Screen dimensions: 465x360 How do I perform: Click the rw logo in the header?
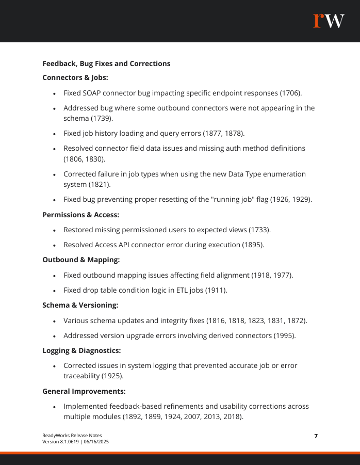tap(329, 21)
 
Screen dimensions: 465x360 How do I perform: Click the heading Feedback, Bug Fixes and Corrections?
tap(106, 64)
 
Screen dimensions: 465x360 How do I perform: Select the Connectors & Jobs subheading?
tap(75, 77)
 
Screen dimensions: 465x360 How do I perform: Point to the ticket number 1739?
tap(102, 118)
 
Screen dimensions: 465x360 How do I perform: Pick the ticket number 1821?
tap(102, 184)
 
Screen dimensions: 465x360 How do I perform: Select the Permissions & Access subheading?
tap(81, 215)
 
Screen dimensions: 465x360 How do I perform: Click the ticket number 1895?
tap(253, 245)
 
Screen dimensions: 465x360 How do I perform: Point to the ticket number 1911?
tap(216, 290)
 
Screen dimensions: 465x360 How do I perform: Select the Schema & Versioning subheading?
tap(80, 306)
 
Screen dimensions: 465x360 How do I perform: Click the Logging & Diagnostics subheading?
tap(81, 351)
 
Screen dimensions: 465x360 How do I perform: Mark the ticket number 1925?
tap(112, 376)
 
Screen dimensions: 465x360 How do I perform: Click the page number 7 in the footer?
tap(316, 436)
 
